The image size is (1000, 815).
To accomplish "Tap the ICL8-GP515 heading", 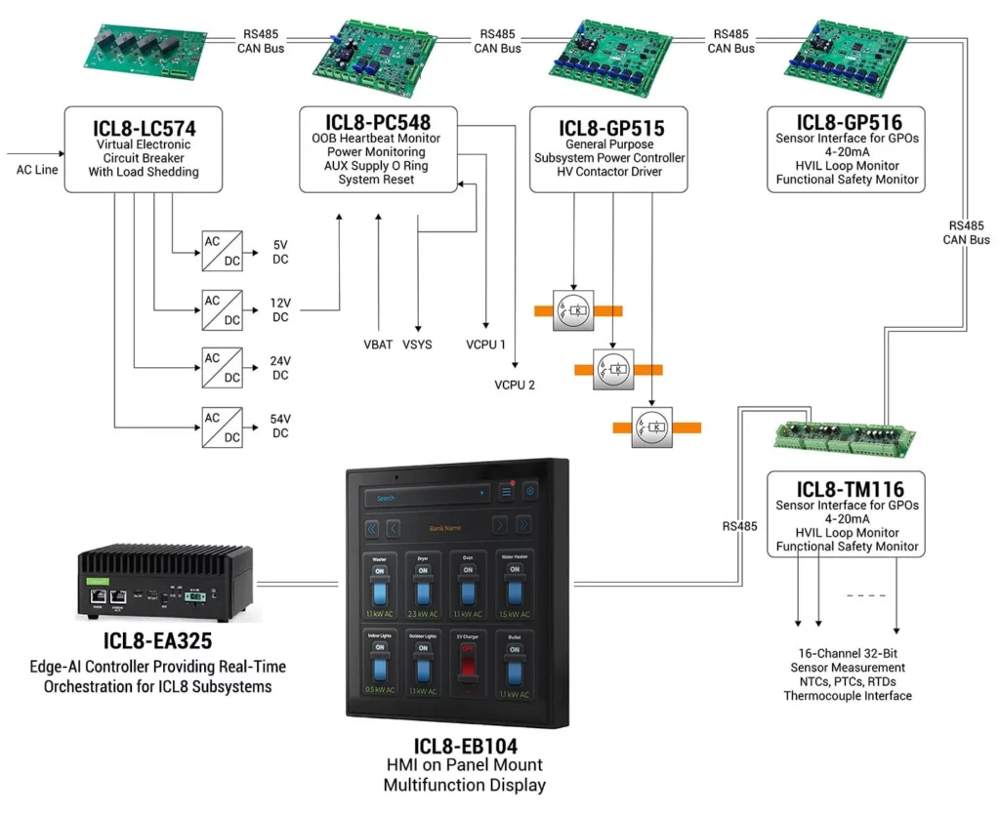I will (x=611, y=128).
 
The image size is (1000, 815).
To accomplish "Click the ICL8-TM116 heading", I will (x=849, y=489).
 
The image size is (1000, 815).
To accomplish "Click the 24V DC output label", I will (x=281, y=368).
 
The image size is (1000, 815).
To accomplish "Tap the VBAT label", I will (x=378, y=345).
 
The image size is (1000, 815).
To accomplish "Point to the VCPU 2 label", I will (x=515, y=386).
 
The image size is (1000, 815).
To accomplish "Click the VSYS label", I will (x=418, y=345).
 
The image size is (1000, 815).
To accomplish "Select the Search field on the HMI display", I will (x=425, y=497).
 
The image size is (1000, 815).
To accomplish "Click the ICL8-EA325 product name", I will (x=158, y=641).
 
